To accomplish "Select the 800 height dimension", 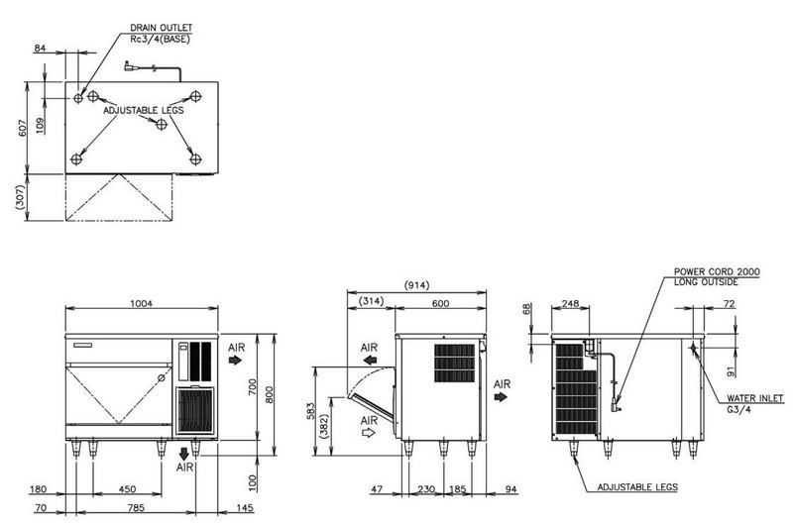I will [268, 393].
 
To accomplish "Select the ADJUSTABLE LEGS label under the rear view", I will [636, 487].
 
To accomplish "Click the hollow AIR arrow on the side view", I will [370, 432].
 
